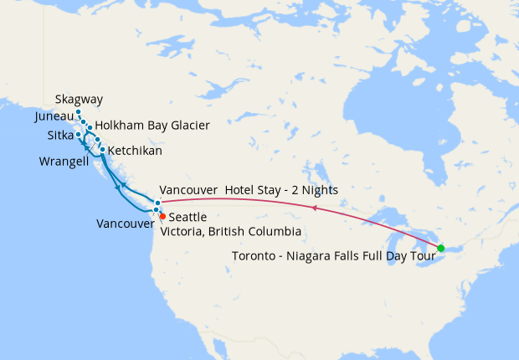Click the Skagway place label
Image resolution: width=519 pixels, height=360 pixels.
pos(79,100)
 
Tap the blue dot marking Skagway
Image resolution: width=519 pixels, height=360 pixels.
pos(78,112)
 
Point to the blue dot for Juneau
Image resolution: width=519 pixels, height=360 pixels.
pos(84,122)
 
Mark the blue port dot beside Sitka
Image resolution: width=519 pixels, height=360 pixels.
pos(78,134)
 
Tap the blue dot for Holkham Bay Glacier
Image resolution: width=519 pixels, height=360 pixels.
pos(90,128)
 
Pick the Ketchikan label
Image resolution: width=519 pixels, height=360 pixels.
pos(135,151)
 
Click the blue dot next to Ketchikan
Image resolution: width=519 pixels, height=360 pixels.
pos(103,150)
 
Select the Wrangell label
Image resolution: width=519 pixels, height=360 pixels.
pos(64,160)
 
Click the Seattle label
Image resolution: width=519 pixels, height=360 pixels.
pos(188,217)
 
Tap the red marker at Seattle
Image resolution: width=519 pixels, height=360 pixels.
pos(162,216)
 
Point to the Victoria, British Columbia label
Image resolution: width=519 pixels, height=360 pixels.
pos(231,231)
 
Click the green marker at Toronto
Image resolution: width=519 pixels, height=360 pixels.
pos(441,247)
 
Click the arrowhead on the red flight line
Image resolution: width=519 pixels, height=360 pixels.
pos(313,207)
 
